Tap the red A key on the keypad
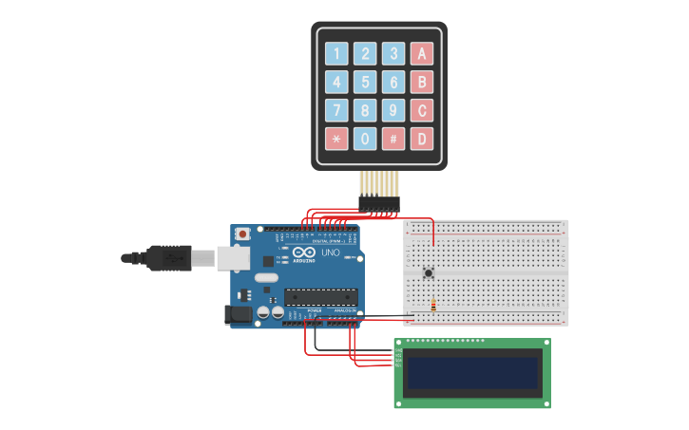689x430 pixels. click(421, 53)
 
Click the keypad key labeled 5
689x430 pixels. click(365, 82)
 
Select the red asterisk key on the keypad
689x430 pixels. click(336, 139)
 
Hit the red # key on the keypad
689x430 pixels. click(393, 139)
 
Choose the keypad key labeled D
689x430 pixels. click(421, 139)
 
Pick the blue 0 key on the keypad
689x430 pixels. click(365, 139)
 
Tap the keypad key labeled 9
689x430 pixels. click(393, 110)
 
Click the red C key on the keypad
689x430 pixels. click(421, 110)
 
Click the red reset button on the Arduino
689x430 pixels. click(243, 233)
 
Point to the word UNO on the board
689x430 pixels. click(330, 253)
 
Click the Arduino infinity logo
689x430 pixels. click(303, 252)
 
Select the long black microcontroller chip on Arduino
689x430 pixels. click(321, 297)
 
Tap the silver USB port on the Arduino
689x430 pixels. click(231, 257)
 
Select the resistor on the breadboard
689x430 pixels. click(433, 306)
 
